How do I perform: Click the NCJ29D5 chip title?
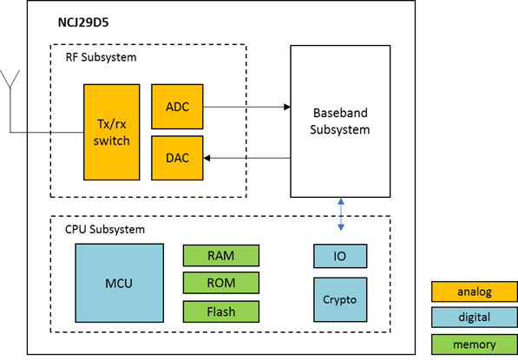pyautogui.click(x=83, y=23)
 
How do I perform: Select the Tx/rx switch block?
pyautogui.click(x=112, y=132)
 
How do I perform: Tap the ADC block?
pyautogui.click(x=177, y=107)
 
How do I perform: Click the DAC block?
pyautogui.click(x=177, y=158)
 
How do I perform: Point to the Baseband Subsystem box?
pyautogui.click(x=340, y=121)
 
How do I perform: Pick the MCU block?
pyautogui.click(x=119, y=283)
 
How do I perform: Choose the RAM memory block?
pyautogui.click(x=221, y=255)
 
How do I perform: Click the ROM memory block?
pyautogui.click(x=221, y=283)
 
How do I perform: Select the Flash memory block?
pyautogui.click(x=221, y=311)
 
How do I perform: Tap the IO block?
pyautogui.click(x=340, y=256)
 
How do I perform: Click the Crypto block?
pyautogui.click(x=340, y=299)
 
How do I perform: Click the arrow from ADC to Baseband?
pyautogui.click(x=246, y=107)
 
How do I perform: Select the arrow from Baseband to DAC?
pyautogui.click(x=246, y=158)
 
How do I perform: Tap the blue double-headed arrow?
pyautogui.click(x=341, y=214)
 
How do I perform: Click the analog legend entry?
pyautogui.click(x=475, y=291)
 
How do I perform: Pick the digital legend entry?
pyautogui.click(x=475, y=317)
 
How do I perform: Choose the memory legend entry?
pyautogui.click(x=475, y=344)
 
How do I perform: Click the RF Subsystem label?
pyautogui.click(x=102, y=57)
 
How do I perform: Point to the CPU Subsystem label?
pyautogui.click(x=105, y=229)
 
